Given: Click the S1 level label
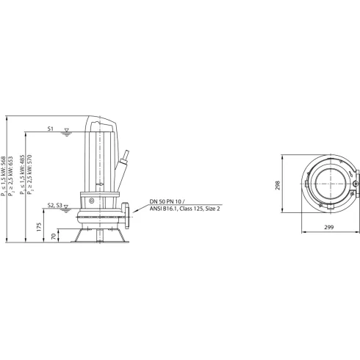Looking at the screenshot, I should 51,129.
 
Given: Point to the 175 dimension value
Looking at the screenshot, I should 39,226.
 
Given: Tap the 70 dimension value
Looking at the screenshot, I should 56,236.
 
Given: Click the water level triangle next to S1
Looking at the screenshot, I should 66,132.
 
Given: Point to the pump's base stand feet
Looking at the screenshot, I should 101,237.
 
